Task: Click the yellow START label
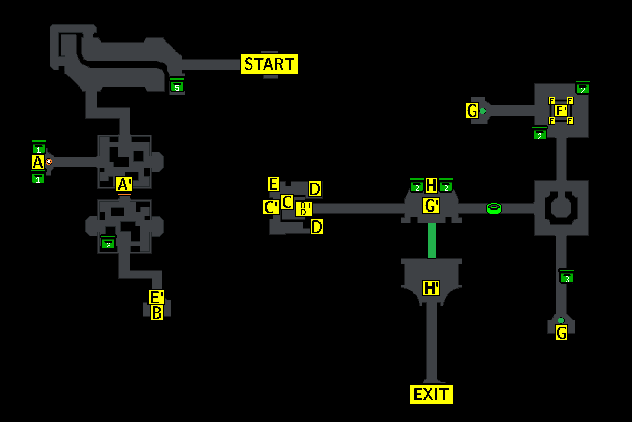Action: pyautogui.click(x=269, y=64)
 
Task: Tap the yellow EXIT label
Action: pyautogui.click(x=431, y=394)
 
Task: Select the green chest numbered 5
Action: pyautogui.click(x=177, y=86)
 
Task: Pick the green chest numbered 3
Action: pyautogui.click(x=567, y=277)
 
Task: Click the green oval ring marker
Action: pyautogui.click(x=493, y=208)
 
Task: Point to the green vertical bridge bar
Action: pyautogui.click(x=431, y=241)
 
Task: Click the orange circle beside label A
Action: pyautogui.click(x=48, y=162)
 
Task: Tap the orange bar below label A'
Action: pyautogui.click(x=124, y=194)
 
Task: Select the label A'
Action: pyautogui.click(x=124, y=185)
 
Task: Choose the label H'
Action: pyautogui.click(x=431, y=287)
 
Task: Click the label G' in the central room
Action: pyautogui.click(x=431, y=205)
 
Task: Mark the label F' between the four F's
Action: pyautogui.click(x=561, y=111)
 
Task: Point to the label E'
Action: pyautogui.click(x=156, y=297)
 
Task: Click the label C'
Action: pyautogui.click(x=271, y=207)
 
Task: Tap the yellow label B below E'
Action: pyautogui.click(x=157, y=312)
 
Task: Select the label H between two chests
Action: pyautogui.click(x=431, y=185)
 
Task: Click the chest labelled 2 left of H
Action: pyautogui.click(x=417, y=186)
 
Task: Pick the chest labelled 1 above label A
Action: pyautogui.click(x=38, y=149)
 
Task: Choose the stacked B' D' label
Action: pyautogui.click(x=303, y=208)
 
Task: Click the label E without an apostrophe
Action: pyautogui.click(x=273, y=184)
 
